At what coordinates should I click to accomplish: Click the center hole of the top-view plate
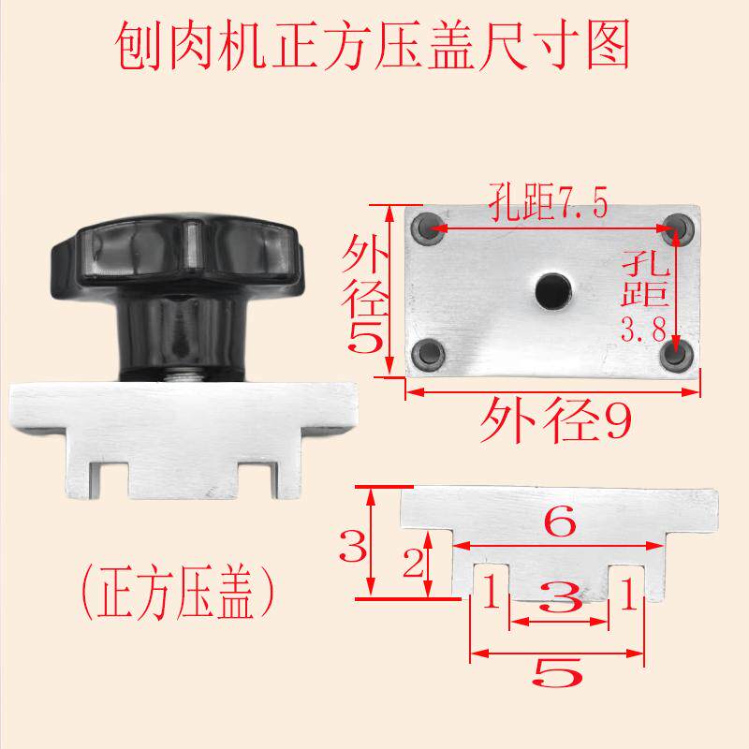pyautogui.click(x=551, y=289)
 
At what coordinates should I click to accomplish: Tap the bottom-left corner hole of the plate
pyautogui.click(x=430, y=352)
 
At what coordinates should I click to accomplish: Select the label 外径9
pyautogui.click(x=552, y=422)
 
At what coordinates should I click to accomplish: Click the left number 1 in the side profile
pyautogui.click(x=488, y=592)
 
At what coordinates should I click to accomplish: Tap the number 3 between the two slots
pyautogui.click(x=559, y=599)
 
